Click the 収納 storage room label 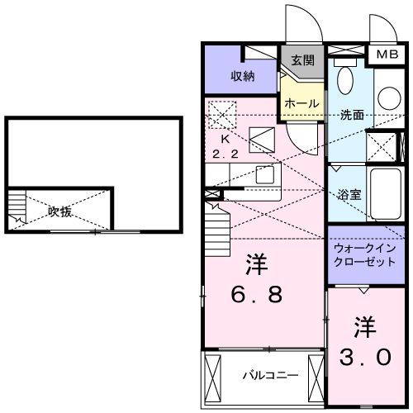[241, 76]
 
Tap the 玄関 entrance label [303, 60]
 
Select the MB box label [387, 55]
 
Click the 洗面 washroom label [352, 115]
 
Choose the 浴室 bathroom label [349, 195]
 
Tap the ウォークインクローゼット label [364, 254]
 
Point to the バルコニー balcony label [263, 377]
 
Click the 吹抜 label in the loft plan [59, 211]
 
